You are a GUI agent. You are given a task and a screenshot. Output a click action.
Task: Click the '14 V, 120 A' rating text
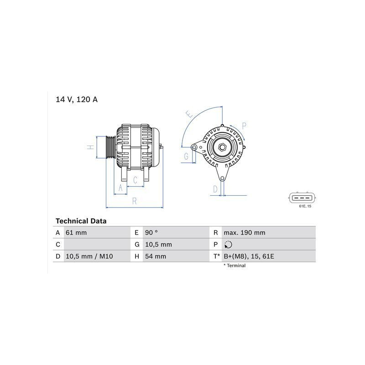pos(77,99)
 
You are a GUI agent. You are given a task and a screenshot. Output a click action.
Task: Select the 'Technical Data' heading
pos(81,221)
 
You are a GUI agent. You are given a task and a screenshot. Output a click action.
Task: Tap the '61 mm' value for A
pos(76,233)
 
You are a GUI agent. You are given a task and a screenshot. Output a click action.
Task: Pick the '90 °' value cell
pos(151,233)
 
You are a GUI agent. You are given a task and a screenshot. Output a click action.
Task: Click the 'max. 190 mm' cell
pos(245,233)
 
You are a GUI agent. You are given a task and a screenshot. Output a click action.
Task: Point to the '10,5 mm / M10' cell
pos(89,256)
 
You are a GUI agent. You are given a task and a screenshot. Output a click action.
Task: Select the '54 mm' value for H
pos(156,256)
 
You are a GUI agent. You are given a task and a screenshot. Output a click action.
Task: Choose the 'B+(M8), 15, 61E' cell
pos(249,256)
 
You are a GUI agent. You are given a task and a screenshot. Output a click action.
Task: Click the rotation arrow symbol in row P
pos(229,245)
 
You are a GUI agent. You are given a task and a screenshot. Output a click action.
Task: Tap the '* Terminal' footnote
pos(235,266)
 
